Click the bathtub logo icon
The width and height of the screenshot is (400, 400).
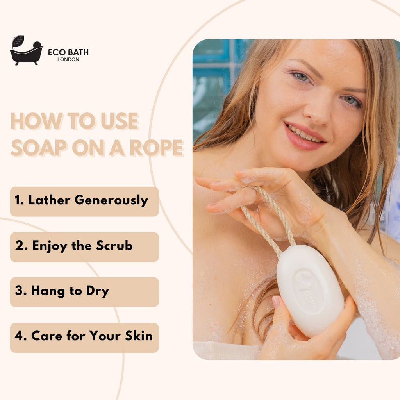coord(26,51)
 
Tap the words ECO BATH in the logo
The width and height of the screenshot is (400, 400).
coord(68,52)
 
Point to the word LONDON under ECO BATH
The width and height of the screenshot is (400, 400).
coord(68,59)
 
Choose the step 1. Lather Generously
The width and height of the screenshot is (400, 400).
coord(84,201)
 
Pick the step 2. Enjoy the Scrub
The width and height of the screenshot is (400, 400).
coord(84,246)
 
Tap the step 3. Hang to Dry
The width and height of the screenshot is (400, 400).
coord(84,292)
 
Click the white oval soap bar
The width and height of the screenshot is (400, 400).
coord(311,289)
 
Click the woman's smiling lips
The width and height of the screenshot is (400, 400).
coord(305,136)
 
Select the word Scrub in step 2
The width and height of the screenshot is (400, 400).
coord(114,246)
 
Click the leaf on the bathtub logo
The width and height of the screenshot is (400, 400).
coord(18,41)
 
